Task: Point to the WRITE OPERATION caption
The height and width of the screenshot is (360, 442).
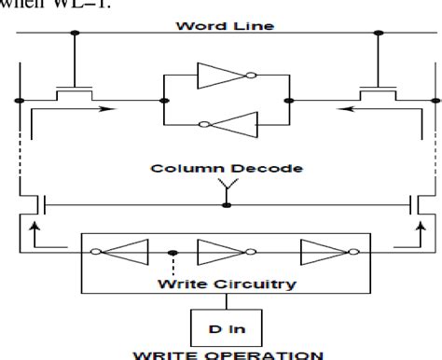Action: [x=221, y=353]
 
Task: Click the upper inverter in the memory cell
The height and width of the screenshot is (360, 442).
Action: [x=221, y=75]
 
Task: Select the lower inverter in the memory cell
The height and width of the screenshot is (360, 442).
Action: [x=221, y=124]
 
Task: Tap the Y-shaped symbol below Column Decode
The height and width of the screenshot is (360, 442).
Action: [x=221, y=186]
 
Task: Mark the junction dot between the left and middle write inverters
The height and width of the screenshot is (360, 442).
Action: [x=171, y=252]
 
